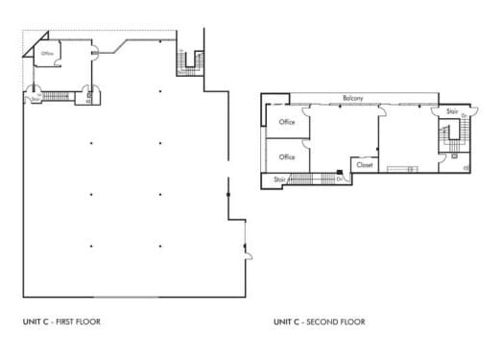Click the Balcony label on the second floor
351,99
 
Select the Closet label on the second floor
365,164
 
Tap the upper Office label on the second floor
286,122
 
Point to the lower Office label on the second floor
286,156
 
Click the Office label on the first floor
47,54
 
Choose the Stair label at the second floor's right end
452,111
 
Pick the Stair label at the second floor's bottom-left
279,179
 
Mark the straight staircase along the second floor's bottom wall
311,179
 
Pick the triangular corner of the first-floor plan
36,45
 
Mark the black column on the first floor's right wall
228,194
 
